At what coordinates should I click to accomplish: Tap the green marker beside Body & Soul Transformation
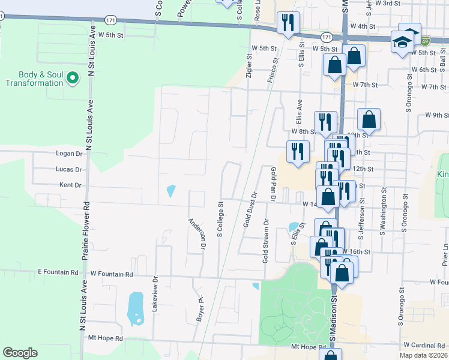[x=73, y=78]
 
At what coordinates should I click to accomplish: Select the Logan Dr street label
[x=68, y=154]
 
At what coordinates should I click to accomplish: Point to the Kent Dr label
[x=71, y=185]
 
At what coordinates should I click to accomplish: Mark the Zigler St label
[x=249, y=65]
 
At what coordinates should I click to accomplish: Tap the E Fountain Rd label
[x=58, y=272]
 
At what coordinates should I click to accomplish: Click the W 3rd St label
[x=387, y=3]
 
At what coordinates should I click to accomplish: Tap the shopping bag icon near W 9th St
[x=369, y=119]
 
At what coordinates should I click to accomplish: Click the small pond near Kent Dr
[x=171, y=191]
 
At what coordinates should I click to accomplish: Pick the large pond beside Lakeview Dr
[x=136, y=308]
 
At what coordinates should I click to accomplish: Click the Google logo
[x=20, y=353]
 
